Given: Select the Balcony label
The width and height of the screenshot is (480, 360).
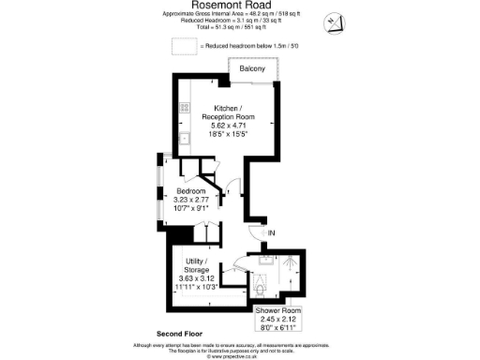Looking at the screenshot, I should click(x=252, y=69).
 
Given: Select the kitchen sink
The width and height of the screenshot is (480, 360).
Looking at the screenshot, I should click(x=185, y=139).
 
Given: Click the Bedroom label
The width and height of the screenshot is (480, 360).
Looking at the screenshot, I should click(x=190, y=191).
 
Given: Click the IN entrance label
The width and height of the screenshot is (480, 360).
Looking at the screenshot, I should click(x=272, y=232).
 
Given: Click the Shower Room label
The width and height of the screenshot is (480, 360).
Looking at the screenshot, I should click(x=278, y=310).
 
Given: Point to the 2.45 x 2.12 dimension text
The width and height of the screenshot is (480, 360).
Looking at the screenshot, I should click(x=278, y=320).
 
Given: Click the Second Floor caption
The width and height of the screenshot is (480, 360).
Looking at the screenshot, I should click(x=181, y=334).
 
